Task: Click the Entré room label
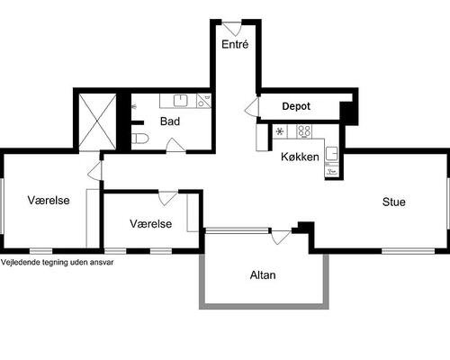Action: [x=235, y=44]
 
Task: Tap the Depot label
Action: [x=296, y=106]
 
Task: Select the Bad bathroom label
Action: [x=170, y=121]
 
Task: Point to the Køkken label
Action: [x=300, y=157]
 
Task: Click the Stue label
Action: [x=394, y=202]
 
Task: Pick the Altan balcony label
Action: [x=263, y=275]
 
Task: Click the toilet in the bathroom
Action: [x=140, y=139]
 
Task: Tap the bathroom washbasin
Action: [x=180, y=100]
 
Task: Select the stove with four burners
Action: [x=304, y=131]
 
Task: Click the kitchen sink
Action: [x=331, y=153]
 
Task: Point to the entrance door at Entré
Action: [x=231, y=29]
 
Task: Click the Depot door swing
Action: [x=251, y=106]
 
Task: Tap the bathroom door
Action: [x=175, y=145]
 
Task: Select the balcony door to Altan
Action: [x=281, y=237]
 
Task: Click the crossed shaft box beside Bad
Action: [x=97, y=121]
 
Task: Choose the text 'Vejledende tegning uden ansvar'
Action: [x=58, y=262]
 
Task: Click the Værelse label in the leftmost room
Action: [x=49, y=200]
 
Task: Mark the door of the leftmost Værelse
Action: [x=94, y=171]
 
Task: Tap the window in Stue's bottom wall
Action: [x=408, y=251]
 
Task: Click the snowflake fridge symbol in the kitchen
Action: [x=280, y=131]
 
